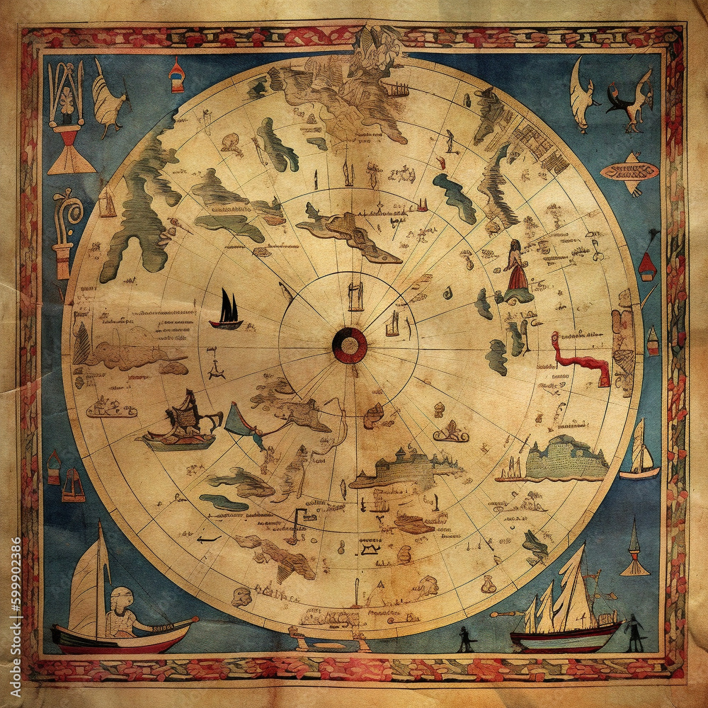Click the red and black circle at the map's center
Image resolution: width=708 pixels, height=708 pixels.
pyautogui.click(x=350, y=346)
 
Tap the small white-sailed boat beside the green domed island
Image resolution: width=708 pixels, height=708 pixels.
pyautogui.click(x=640, y=450)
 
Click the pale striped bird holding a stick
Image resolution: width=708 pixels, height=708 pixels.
pyautogui.click(x=108, y=99)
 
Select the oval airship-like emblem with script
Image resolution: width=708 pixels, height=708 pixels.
pyautogui.click(x=629, y=171)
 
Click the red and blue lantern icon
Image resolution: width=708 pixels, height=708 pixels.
pyautogui.click(x=176, y=76)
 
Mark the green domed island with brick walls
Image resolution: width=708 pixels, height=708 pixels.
pyautogui.click(x=566, y=457)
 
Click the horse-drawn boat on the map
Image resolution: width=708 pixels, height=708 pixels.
pyautogui.click(x=183, y=425)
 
